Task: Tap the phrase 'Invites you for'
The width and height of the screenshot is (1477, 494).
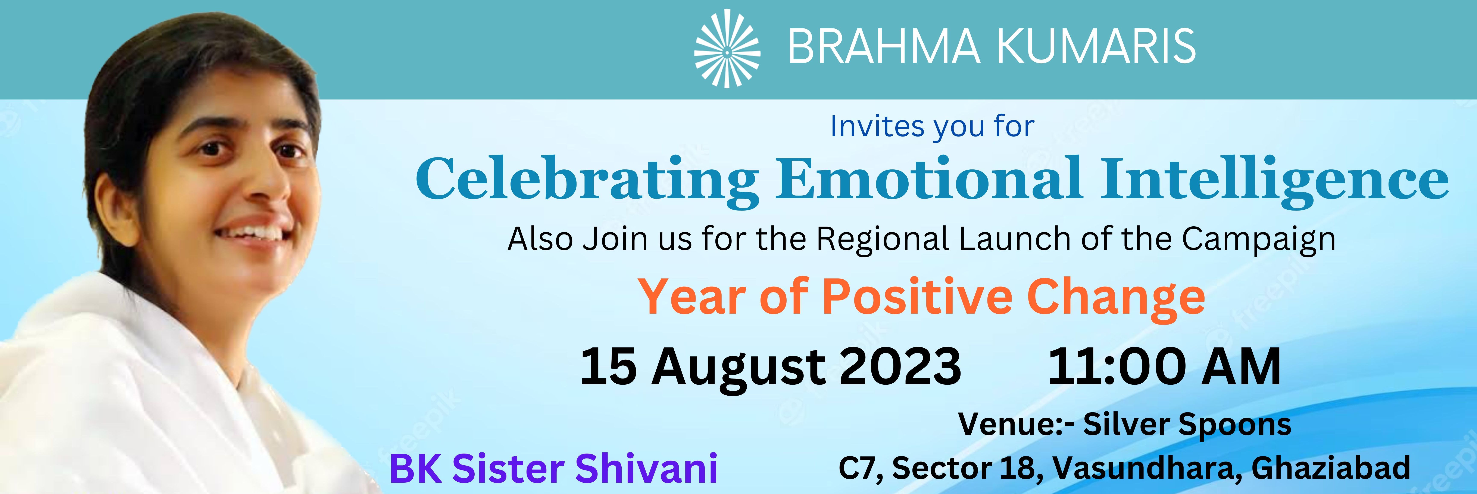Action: pos(932,127)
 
